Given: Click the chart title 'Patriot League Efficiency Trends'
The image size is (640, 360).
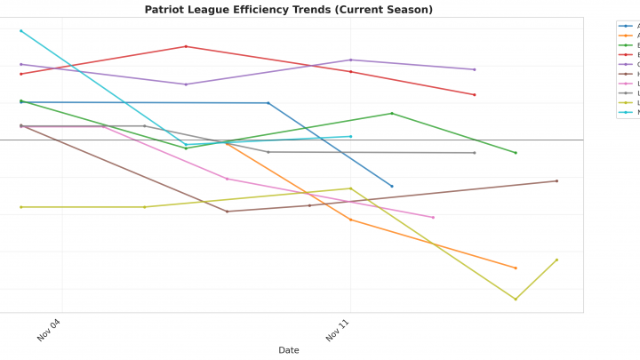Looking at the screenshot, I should [x=289, y=10].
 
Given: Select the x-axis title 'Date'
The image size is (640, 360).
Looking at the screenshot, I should [x=289, y=350].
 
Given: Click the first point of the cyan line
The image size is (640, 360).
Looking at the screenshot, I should [x=20, y=31].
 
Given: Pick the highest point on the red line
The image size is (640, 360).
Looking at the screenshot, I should [x=186, y=46].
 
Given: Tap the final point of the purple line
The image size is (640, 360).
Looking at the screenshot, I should [x=475, y=69].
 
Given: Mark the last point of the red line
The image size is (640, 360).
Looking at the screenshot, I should [x=475, y=95].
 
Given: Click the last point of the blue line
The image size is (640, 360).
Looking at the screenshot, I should [x=392, y=187].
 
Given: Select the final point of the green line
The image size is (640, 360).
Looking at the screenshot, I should [x=516, y=153].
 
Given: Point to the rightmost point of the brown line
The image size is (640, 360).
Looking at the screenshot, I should [x=557, y=181].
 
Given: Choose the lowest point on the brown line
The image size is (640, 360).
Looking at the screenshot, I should [x=227, y=212].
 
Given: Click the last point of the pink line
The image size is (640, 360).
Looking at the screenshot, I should [x=434, y=217].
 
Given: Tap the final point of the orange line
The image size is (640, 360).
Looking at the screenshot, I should [x=516, y=268].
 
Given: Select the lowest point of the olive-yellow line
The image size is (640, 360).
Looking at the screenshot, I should [x=516, y=300].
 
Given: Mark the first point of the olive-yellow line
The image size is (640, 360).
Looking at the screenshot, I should [x=20, y=207].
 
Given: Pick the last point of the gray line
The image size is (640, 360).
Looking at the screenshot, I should [x=475, y=153].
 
